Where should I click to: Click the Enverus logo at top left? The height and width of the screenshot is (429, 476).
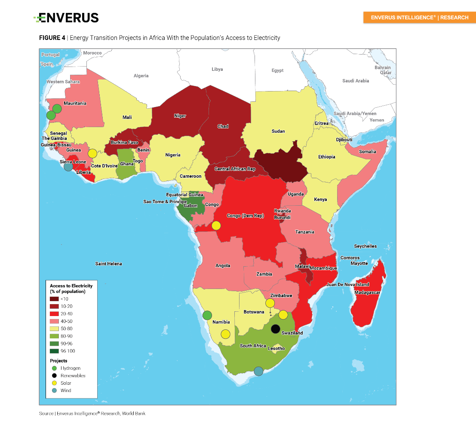pos(66,18)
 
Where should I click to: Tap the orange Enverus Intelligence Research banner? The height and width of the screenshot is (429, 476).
pos(419,18)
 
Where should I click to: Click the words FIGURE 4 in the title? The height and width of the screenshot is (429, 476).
pos(52,38)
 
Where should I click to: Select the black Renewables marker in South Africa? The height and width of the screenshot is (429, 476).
pos(276,329)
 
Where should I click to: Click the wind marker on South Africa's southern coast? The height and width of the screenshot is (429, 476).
pos(258,371)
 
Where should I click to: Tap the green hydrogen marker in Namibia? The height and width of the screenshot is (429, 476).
pos(207,315)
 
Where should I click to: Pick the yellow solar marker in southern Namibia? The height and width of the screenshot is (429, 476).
pos(225,334)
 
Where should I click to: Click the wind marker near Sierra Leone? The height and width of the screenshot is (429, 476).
pos(68,167)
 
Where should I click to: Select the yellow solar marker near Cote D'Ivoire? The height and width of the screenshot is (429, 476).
pos(92,153)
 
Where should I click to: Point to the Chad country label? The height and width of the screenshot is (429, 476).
pos(223,126)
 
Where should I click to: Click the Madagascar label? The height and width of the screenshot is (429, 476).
pos(367,292)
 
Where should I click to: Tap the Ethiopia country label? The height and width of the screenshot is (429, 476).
pos(326,157)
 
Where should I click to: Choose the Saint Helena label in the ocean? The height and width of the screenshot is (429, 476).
pos(108,264)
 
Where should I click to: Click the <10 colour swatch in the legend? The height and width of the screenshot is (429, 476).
pos(54,299)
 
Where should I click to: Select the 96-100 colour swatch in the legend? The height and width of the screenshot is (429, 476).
pos(54,351)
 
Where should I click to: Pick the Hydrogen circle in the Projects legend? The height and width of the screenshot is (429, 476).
pos(54,368)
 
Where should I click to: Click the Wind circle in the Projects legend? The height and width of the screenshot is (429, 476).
pos(54,390)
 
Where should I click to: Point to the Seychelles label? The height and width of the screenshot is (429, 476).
pos(365,246)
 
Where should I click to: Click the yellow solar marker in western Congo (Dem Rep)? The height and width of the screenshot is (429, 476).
pos(216,225)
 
